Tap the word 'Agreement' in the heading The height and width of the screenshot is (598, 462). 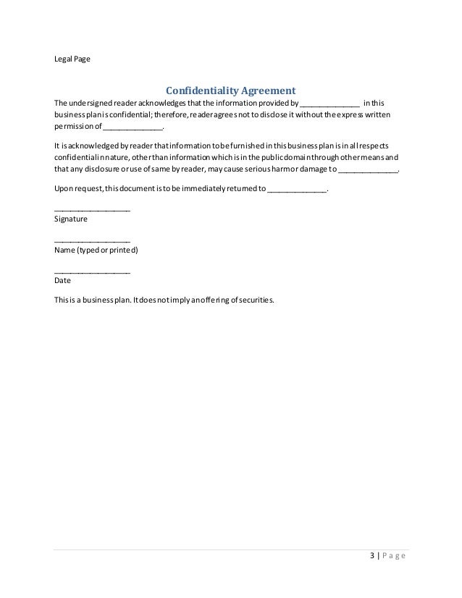[269, 91]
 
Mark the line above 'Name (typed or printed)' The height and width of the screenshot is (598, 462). [92, 241]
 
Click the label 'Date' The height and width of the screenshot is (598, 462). [62, 279]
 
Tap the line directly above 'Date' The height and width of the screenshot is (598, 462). [92, 272]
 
